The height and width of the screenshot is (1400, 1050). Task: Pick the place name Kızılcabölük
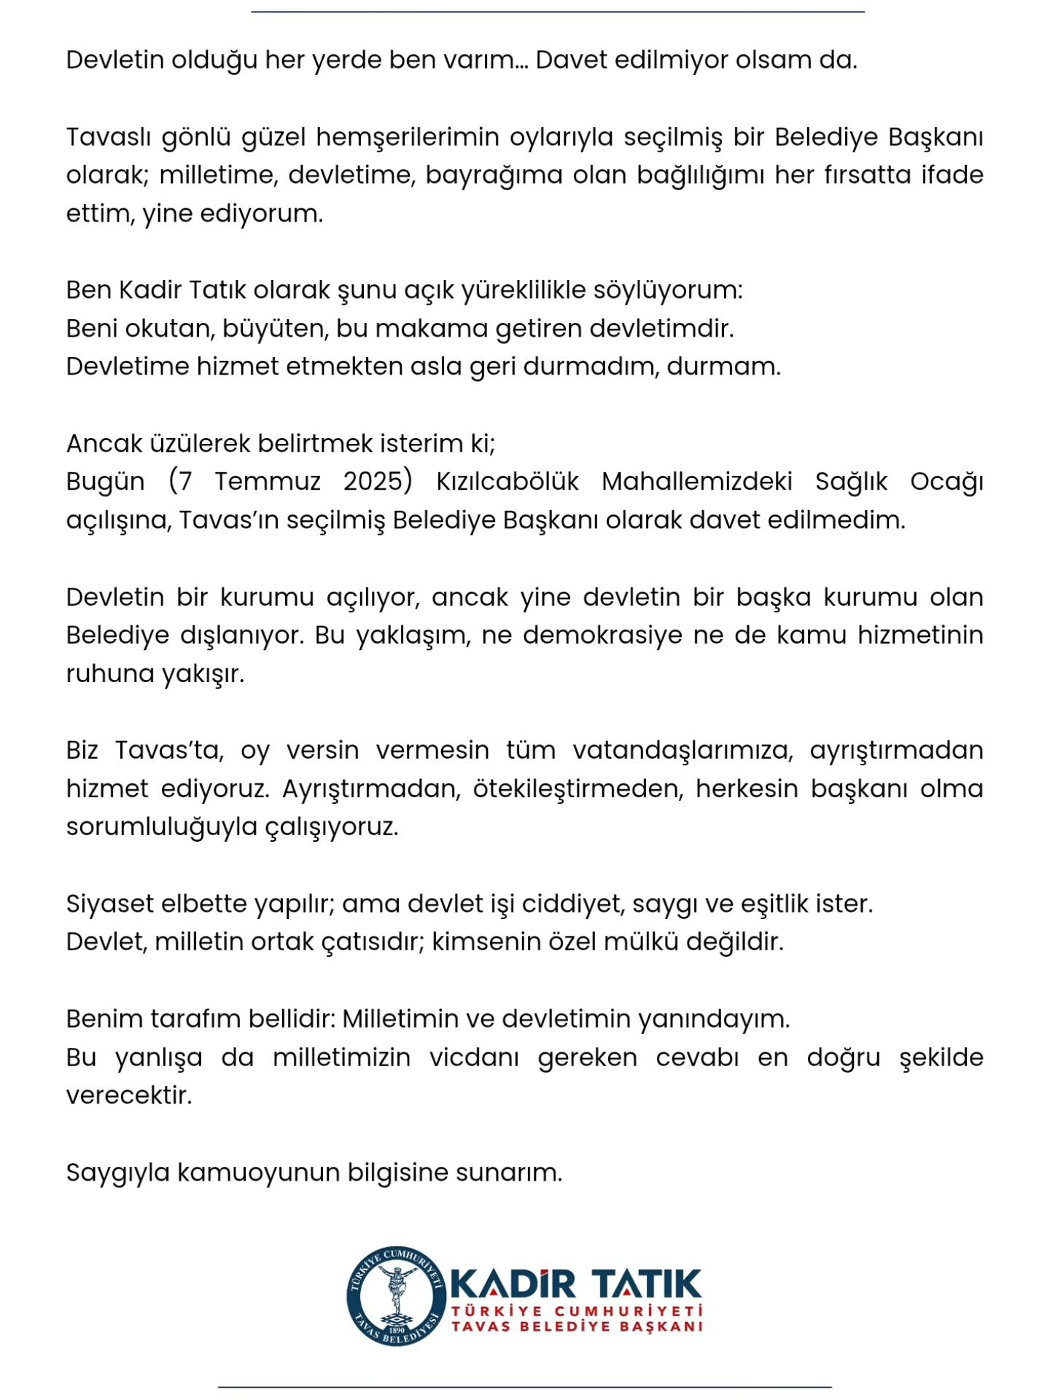point(507,482)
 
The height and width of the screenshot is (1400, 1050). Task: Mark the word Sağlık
point(851,482)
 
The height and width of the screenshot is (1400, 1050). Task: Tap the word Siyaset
point(109,904)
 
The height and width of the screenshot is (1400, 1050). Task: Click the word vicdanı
point(474,1057)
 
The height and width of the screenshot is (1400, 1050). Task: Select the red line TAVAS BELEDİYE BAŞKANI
point(577,1326)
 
